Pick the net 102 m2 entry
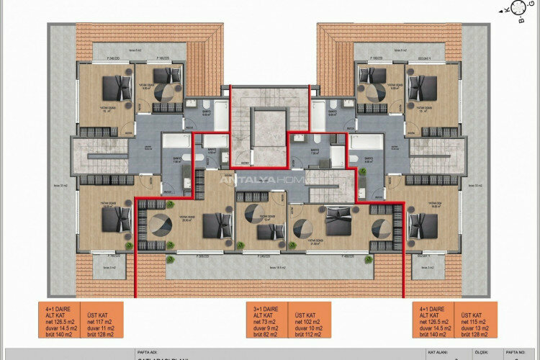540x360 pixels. click(x=307, y=321)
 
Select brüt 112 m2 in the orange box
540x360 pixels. click(x=308, y=335)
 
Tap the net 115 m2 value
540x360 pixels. click(x=474, y=321)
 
